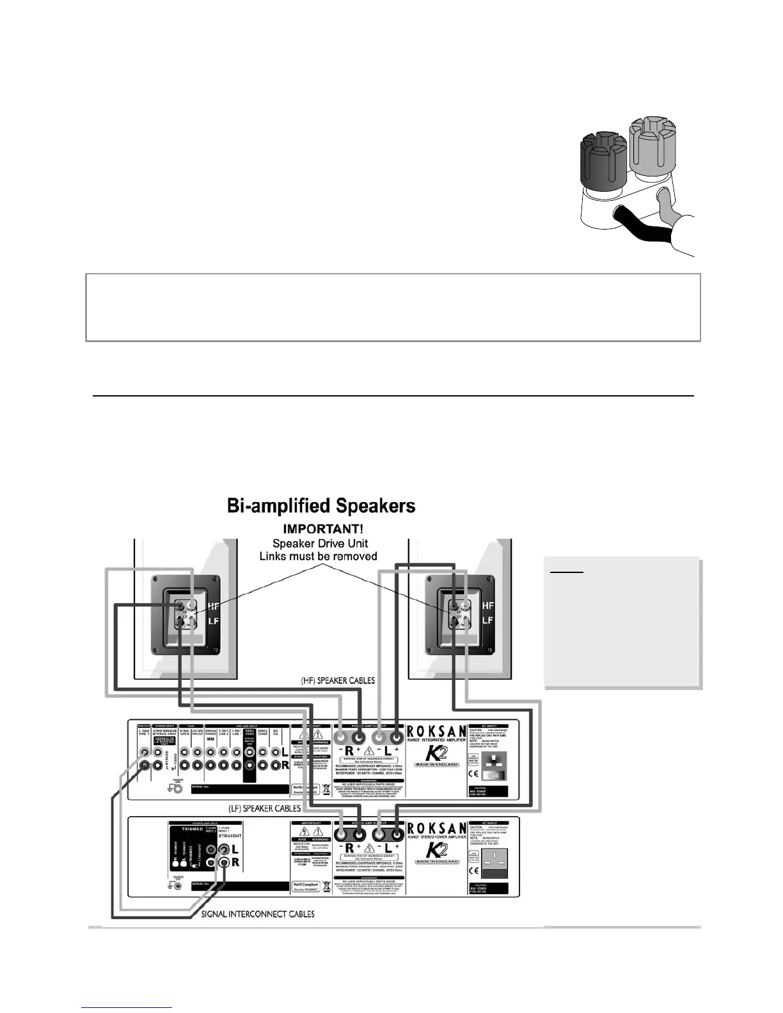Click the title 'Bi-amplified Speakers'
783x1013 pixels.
pos(321,506)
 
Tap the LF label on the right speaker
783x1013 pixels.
pos(487,620)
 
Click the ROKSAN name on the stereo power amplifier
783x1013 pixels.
pos(438,828)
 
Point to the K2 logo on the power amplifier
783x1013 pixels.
pos(437,851)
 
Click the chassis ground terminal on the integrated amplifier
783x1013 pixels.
pos(178,788)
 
